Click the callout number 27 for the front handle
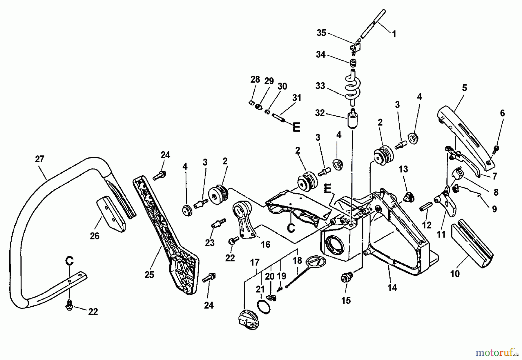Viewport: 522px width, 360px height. point(40,159)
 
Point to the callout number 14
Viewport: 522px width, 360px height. point(392,288)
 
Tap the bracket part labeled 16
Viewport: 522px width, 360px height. point(243,220)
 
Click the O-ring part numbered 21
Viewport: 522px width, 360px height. point(264,306)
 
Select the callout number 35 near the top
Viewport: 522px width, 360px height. point(321,33)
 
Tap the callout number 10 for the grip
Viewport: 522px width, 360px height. point(455,273)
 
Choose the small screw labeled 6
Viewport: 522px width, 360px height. point(496,149)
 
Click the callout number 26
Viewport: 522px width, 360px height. point(95,236)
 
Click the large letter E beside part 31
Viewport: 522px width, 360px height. point(296,127)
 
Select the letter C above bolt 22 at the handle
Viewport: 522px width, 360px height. point(69,261)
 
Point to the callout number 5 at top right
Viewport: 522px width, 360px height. point(464,88)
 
